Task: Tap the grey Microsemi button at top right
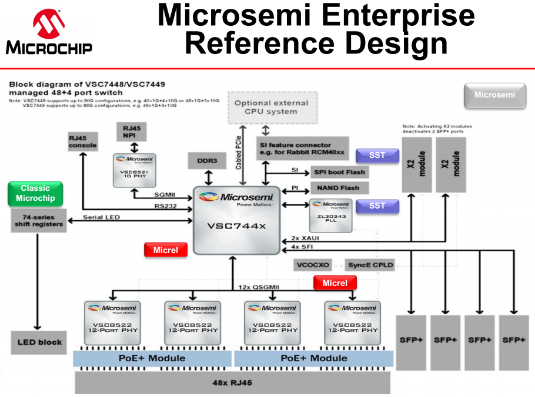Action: tap(494, 95)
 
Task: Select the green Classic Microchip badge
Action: tap(35, 193)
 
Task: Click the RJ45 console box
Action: tap(82, 142)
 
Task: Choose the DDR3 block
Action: tap(206, 161)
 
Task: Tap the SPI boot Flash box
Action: tap(339, 172)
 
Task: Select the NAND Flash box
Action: tap(339, 188)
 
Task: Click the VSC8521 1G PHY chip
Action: tap(136, 170)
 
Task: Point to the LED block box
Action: tap(39, 342)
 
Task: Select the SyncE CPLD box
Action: tap(370, 265)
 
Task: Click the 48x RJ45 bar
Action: tap(232, 383)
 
